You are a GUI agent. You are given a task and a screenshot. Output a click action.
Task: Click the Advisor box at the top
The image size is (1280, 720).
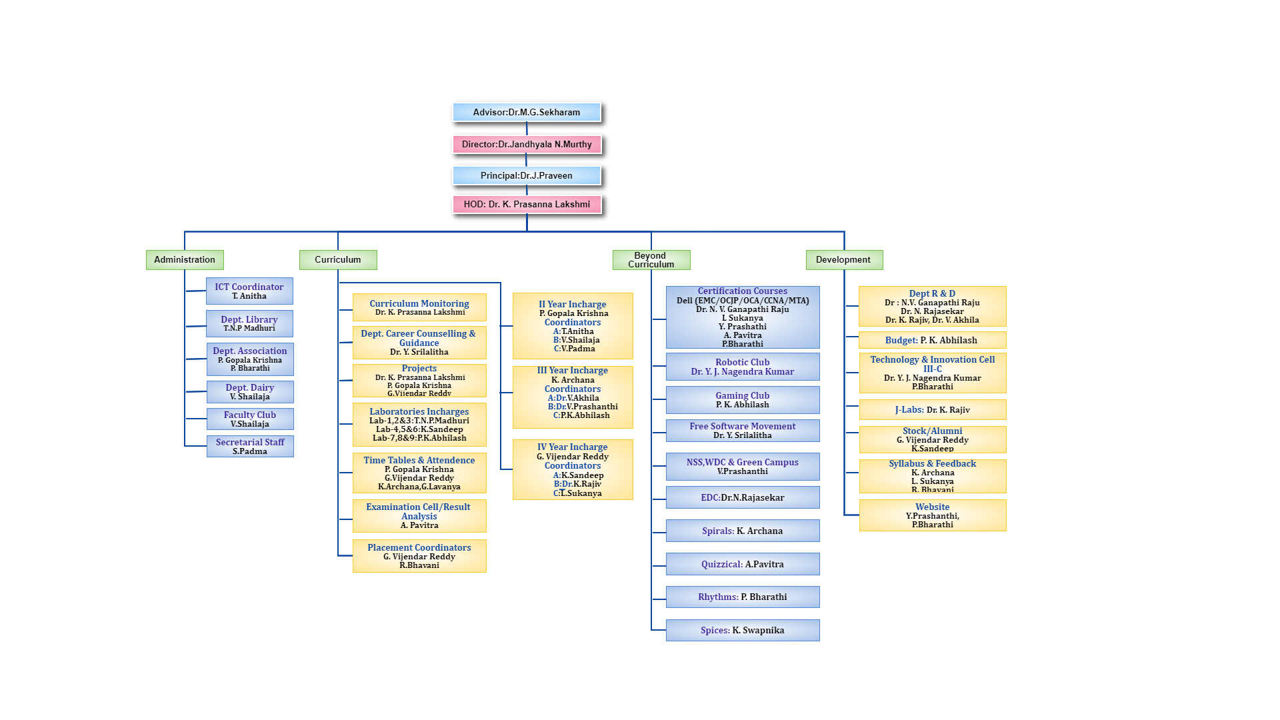(x=527, y=112)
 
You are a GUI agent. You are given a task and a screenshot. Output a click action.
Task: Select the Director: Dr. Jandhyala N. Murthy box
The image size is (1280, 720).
(x=527, y=144)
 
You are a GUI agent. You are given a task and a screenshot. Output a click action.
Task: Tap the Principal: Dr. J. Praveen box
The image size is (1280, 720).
(x=527, y=175)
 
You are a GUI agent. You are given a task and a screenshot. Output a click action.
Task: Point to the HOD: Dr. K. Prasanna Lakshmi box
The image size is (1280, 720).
(x=527, y=204)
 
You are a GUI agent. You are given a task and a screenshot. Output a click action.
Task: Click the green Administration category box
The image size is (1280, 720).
(x=185, y=259)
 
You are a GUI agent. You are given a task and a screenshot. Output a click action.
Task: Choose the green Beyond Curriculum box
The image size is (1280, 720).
(x=651, y=259)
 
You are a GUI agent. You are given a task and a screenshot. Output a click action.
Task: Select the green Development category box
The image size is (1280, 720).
(x=843, y=259)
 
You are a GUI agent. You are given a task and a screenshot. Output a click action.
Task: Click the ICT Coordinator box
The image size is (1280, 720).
(x=249, y=291)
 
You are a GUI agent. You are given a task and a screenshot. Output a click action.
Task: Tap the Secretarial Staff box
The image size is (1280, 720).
(x=250, y=446)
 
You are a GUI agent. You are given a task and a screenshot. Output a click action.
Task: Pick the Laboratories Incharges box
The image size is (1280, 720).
(x=419, y=425)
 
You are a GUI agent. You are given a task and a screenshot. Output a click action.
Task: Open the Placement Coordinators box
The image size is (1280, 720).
(x=419, y=556)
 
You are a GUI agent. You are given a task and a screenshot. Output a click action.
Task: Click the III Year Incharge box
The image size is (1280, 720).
(x=573, y=397)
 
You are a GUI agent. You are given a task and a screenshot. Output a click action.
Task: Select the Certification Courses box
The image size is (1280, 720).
(x=743, y=317)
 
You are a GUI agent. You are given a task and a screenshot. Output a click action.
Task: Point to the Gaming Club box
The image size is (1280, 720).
(x=743, y=400)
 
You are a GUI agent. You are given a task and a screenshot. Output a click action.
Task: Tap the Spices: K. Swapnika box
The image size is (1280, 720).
(x=743, y=630)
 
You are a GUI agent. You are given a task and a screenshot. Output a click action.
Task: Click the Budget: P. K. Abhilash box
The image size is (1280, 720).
(x=932, y=340)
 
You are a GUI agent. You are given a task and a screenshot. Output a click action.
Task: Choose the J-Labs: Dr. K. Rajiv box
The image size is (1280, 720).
(x=932, y=409)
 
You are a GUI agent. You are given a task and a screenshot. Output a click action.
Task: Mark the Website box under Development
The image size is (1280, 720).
(x=932, y=515)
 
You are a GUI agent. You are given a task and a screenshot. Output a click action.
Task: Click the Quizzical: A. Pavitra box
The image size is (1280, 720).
(x=743, y=564)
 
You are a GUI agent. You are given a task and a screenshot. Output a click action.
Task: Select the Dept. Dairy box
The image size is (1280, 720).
(x=250, y=392)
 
